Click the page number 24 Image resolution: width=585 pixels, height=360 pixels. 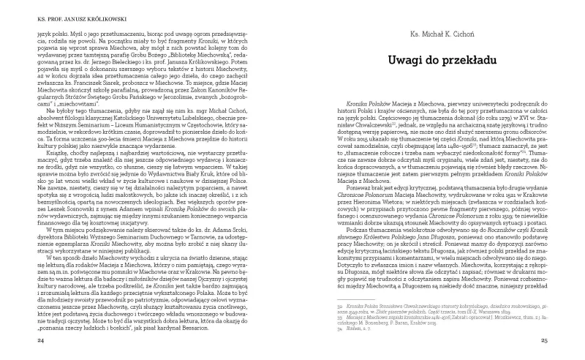pos(29,340)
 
